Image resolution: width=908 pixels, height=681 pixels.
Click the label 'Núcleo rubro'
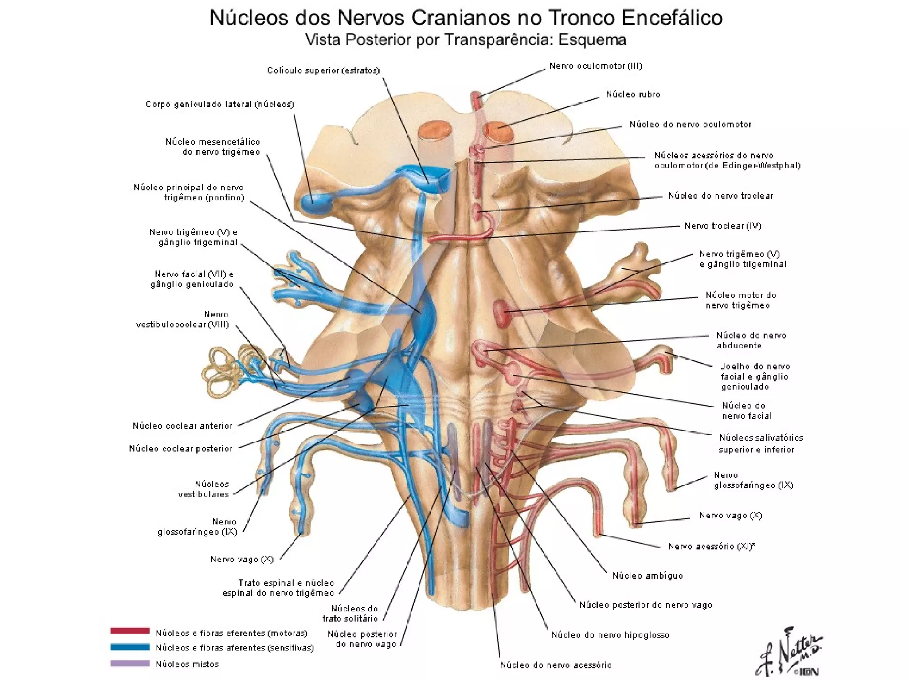pyautogui.click(x=633, y=94)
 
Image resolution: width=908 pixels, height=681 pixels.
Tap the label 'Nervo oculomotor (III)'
pyautogui.click(x=595, y=66)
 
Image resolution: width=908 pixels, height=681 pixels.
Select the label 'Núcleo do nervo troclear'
pyautogui.click(x=720, y=196)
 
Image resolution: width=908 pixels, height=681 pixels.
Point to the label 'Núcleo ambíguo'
pyautogui.click(x=647, y=575)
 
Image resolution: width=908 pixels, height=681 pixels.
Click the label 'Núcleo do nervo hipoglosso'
pyautogui.click(x=610, y=635)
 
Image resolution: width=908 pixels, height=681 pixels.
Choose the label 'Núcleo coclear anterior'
pyautogui.click(x=183, y=426)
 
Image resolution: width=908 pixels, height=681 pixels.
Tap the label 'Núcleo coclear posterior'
pyautogui.click(x=180, y=449)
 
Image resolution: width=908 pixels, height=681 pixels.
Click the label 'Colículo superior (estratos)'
pyautogui.click(x=323, y=70)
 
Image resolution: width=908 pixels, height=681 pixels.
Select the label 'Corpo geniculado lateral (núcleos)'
pyautogui.click(x=220, y=104)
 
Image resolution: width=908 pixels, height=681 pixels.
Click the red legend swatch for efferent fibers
pyautogui.click(x=130, y=631)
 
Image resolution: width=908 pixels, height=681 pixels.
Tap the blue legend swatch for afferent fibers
pyautogui.click(x=130, y=647)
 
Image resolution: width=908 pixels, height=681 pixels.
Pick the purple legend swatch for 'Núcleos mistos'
pyautogui.click(x=130, y=663)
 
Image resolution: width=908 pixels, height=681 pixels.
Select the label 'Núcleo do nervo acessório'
pyautogui.click(x=556, y=665)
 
